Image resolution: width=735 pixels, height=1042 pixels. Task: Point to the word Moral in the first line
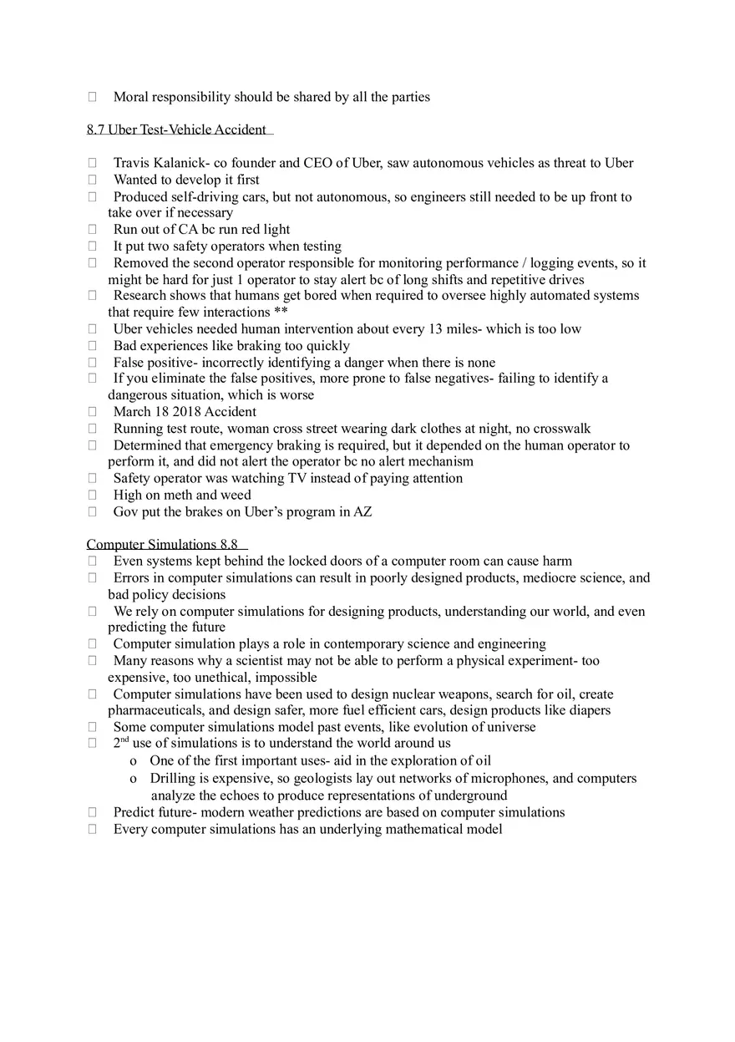click(x=130, y=97)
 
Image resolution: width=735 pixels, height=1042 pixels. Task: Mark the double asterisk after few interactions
click(x=281, y=313)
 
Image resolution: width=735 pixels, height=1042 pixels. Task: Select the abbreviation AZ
click(x=362, y=511)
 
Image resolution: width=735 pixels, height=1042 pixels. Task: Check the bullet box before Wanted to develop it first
click(x=92, y=180)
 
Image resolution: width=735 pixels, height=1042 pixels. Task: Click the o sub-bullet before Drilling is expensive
click(x=134, y=779)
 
